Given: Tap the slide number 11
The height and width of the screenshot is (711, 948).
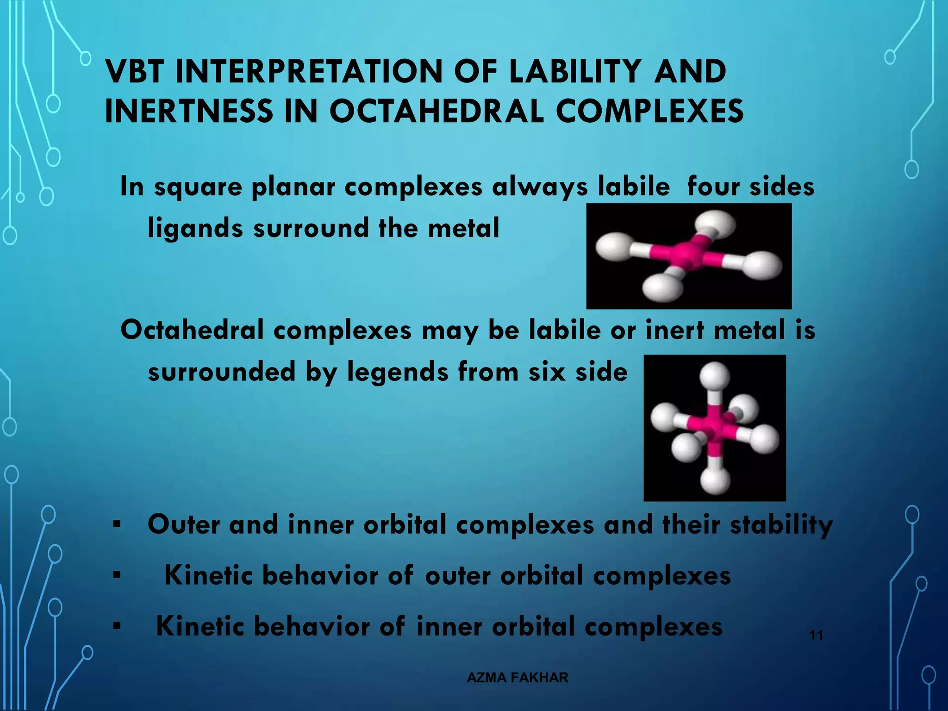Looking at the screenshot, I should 816,636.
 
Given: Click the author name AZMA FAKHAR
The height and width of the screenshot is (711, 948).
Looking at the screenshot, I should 518,678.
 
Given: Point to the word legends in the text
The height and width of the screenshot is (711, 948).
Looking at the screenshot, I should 398,372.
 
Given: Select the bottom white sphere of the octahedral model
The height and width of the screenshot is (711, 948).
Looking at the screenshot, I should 715,481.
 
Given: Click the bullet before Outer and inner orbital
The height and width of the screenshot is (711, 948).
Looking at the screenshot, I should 117,525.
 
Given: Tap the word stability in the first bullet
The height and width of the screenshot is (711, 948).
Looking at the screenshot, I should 781,525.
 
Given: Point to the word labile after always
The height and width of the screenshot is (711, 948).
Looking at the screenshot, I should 633,187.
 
